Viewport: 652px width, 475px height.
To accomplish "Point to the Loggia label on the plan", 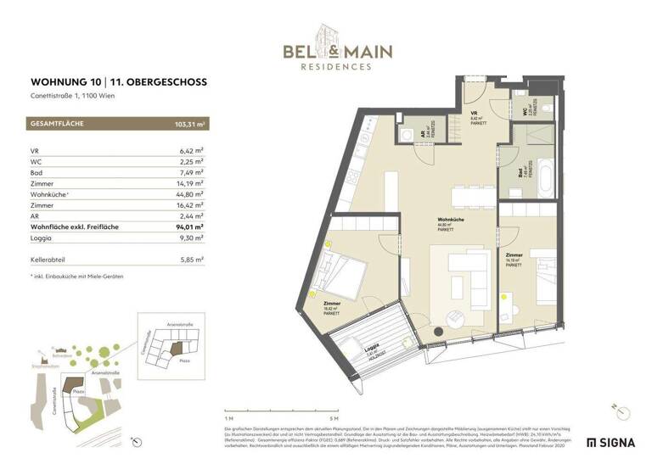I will [371, 349].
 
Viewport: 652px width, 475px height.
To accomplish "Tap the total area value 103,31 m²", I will [184, 125].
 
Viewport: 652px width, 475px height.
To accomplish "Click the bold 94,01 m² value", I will [188, 226].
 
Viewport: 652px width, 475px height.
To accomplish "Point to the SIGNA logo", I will [610, 443].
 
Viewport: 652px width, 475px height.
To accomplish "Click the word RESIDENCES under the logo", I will [339, 66].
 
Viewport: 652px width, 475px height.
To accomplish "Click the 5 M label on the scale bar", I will [334, 418].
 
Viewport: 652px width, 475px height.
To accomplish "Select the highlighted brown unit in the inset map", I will [177, 348].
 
